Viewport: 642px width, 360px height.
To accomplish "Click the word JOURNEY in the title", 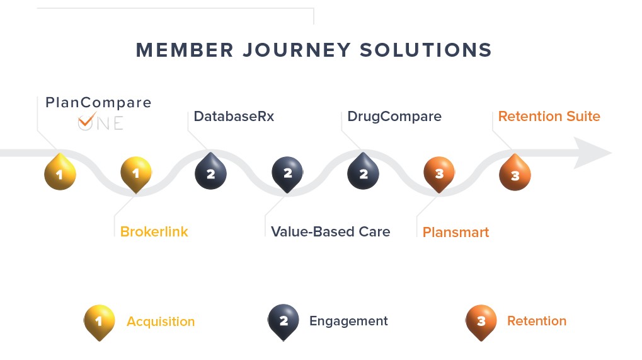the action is pos(297,50).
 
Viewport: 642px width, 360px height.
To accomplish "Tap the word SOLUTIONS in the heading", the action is pos(425,50).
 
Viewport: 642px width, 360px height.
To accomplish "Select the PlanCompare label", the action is pos(98,102).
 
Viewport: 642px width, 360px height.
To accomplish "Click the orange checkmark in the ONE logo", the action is pos(87,119).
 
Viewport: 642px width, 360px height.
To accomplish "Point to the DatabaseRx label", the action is pos(234,116).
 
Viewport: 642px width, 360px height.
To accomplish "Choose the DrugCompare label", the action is pos(394,117).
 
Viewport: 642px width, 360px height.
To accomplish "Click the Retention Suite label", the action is pos(549,116).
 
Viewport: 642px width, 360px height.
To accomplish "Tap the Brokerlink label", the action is pos(154,232).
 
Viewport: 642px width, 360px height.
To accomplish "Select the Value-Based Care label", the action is pos(330,232).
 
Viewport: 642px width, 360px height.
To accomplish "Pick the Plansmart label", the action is pos(456,232).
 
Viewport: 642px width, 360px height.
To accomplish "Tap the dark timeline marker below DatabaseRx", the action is pos(210,172).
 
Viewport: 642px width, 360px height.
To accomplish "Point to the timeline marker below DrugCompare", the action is pos(363,172).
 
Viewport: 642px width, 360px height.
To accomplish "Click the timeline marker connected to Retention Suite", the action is pos(515,173).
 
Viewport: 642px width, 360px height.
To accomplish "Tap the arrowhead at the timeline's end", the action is pos(591,153).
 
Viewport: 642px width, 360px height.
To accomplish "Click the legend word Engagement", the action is pos(348,321).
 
